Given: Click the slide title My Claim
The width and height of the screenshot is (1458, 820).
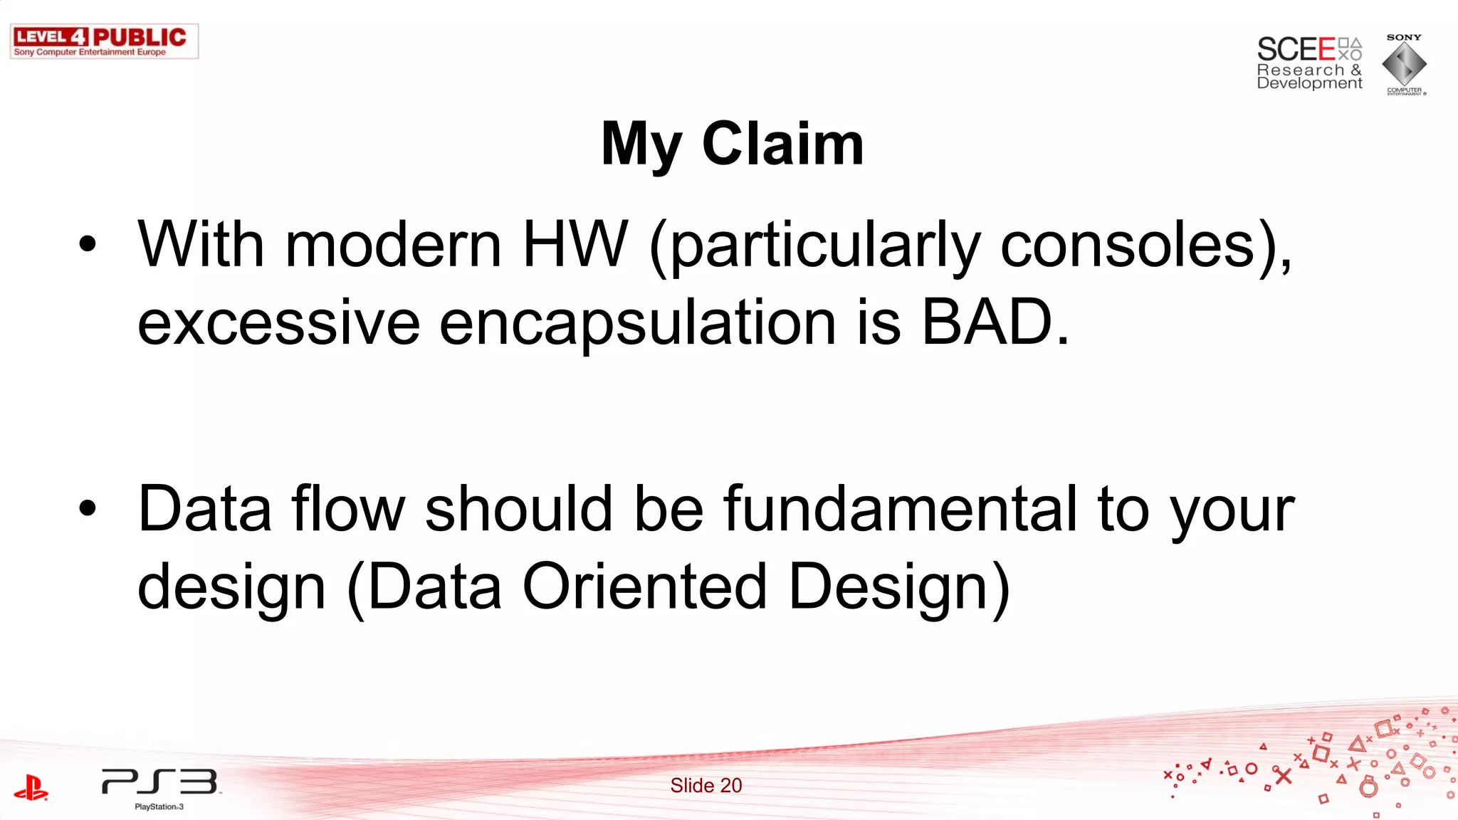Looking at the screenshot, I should point(732,144).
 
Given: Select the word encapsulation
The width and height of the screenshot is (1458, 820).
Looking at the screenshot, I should point(637,322).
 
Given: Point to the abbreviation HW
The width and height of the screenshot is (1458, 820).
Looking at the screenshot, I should point(575,245).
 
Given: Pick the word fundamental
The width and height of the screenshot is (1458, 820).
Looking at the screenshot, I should point(901,509).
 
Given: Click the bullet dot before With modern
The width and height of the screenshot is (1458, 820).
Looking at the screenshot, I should point(88,244).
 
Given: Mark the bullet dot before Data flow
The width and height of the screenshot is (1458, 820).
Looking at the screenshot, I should point(88,508).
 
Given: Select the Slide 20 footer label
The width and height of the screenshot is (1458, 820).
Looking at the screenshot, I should point(706,785).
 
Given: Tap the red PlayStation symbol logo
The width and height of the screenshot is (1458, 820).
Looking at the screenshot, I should point(31,787).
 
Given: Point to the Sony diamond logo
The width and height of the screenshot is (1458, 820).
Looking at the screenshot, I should point(1404,64).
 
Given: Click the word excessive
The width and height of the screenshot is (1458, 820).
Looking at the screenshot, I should point(278,322).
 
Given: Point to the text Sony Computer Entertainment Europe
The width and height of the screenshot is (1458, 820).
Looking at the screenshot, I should point(90,52).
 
